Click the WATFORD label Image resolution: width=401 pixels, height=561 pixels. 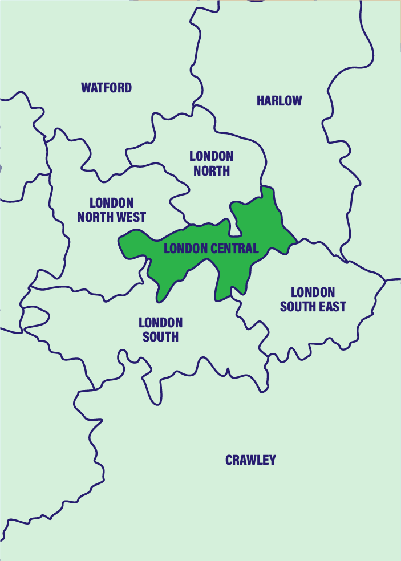click(106, 88)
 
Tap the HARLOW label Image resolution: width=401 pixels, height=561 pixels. click(279, 101)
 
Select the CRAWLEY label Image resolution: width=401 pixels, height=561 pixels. click(250, 460)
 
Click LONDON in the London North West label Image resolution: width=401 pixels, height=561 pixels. click(111, 203)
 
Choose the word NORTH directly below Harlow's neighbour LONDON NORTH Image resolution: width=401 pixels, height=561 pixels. click(211, 170)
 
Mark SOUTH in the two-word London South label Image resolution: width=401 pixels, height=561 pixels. click(160, 337)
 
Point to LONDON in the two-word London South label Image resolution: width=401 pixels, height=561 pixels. click(160, 323)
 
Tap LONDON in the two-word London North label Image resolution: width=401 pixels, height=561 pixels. click(211, 156)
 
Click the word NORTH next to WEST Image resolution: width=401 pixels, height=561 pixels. click(96, 217)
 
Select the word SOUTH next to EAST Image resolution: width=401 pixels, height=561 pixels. click(297, 307)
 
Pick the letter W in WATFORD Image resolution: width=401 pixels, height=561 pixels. click(86, 88)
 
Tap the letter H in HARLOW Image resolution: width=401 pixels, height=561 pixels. click(260, 101)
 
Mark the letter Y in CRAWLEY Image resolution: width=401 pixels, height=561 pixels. click(272, 460)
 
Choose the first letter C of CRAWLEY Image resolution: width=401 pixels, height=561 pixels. click(229, 460)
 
